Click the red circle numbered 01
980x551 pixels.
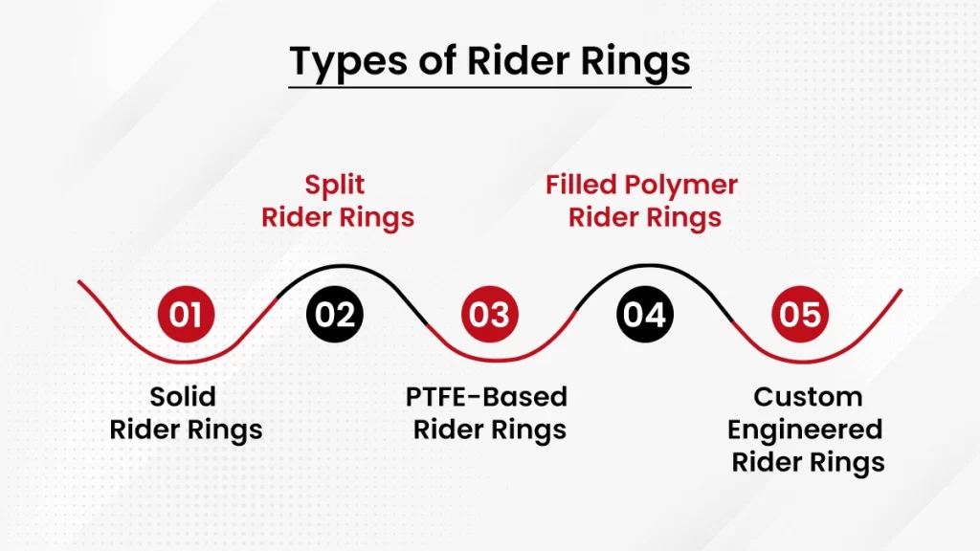186,314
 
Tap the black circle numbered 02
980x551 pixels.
335,314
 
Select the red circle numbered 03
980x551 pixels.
490,314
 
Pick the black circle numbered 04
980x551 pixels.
645,314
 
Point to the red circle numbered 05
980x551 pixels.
800,314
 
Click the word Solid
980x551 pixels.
184,396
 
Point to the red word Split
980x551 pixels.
336,184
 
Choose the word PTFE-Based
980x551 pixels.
486,396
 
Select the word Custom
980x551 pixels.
808,396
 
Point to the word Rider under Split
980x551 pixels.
297,217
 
